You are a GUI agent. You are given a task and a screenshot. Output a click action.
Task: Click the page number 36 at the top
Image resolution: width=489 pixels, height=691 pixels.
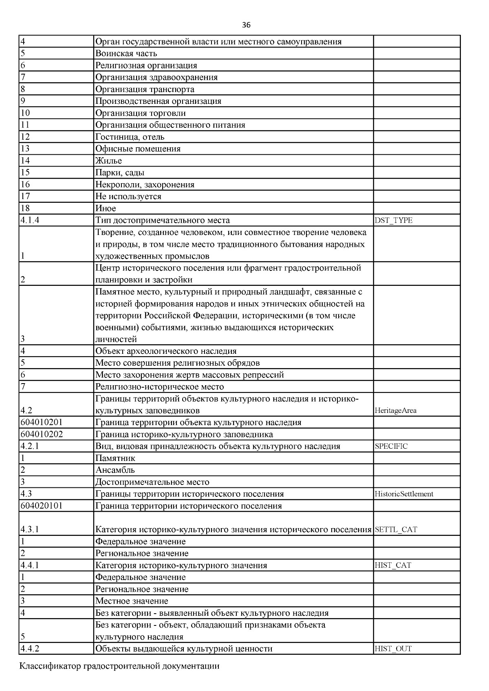pyautogui.click(x=246, y=25)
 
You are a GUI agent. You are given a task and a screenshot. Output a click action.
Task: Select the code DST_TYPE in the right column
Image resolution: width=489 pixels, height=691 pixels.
pyautogui.click(x=393, y=221)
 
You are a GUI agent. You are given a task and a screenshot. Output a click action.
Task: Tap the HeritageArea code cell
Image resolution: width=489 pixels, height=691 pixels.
pyautogui.click(x=395, y=410)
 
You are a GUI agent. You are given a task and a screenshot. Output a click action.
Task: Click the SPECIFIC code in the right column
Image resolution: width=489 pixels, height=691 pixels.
pyautogui.click(x=391, y=446)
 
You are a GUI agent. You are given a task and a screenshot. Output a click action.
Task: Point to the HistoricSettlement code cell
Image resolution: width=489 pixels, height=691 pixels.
pyautogui.click(x=404, y=494)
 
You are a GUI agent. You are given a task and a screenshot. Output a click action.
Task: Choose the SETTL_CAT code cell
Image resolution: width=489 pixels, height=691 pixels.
pyautogui.click(x=396, y=530)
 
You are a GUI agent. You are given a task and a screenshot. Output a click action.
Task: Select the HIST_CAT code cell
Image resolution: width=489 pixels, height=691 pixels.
pyautogui.click(x=393, y=565)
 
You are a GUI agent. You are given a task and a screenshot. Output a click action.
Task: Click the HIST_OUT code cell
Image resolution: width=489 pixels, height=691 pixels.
pyautogui.click(x=393, y=649)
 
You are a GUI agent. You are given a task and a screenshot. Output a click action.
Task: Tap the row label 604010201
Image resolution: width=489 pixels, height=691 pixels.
pyautogui.click(x=42, y=422)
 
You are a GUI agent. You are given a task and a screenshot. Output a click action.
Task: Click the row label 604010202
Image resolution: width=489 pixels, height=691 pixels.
pyautogui.click(x=42, y=434)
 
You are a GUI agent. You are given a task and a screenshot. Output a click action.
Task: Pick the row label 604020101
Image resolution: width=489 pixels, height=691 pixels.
pyautogui.click(x=42, y=506)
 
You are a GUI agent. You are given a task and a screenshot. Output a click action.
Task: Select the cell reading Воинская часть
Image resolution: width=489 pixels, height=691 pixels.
pyautogui.click(x=126, y=53)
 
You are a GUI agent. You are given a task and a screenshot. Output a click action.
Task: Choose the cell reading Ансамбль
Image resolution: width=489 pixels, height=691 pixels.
pyautogui.click(x=115, y=470)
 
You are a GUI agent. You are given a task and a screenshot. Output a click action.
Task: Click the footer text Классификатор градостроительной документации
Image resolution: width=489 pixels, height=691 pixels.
pyautogui.click(x=119, y=666)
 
